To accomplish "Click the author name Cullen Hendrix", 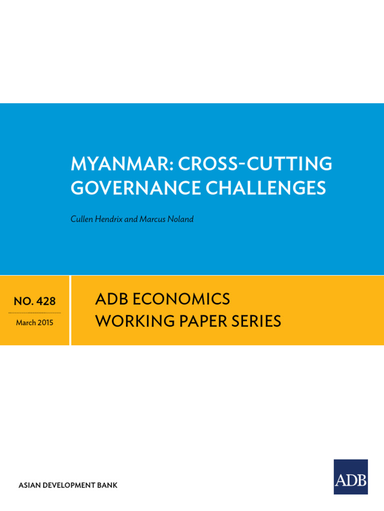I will (96, 219).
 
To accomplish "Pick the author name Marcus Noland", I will (167, 219).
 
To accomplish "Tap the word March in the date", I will (25, 323).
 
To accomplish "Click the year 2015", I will (45, 323).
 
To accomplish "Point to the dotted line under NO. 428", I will (34, 312).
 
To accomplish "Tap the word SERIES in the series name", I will (254, 321).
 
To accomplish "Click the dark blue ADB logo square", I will (350, 477).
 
